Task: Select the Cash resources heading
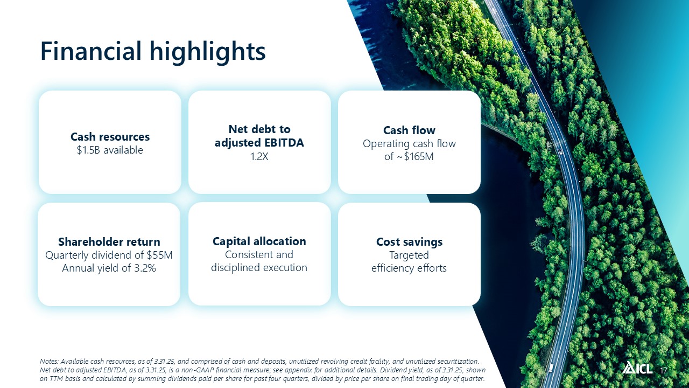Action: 110,137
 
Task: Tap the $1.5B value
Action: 88,150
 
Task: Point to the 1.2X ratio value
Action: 259,157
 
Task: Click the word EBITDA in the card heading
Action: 282,143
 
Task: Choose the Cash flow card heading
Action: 409,130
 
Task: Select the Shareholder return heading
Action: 109,242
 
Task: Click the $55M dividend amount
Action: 159,255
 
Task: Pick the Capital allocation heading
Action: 259,241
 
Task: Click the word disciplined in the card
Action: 236,268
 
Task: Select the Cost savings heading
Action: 410,242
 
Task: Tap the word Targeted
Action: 409,255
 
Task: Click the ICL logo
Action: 637,368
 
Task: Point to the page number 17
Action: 664,370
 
